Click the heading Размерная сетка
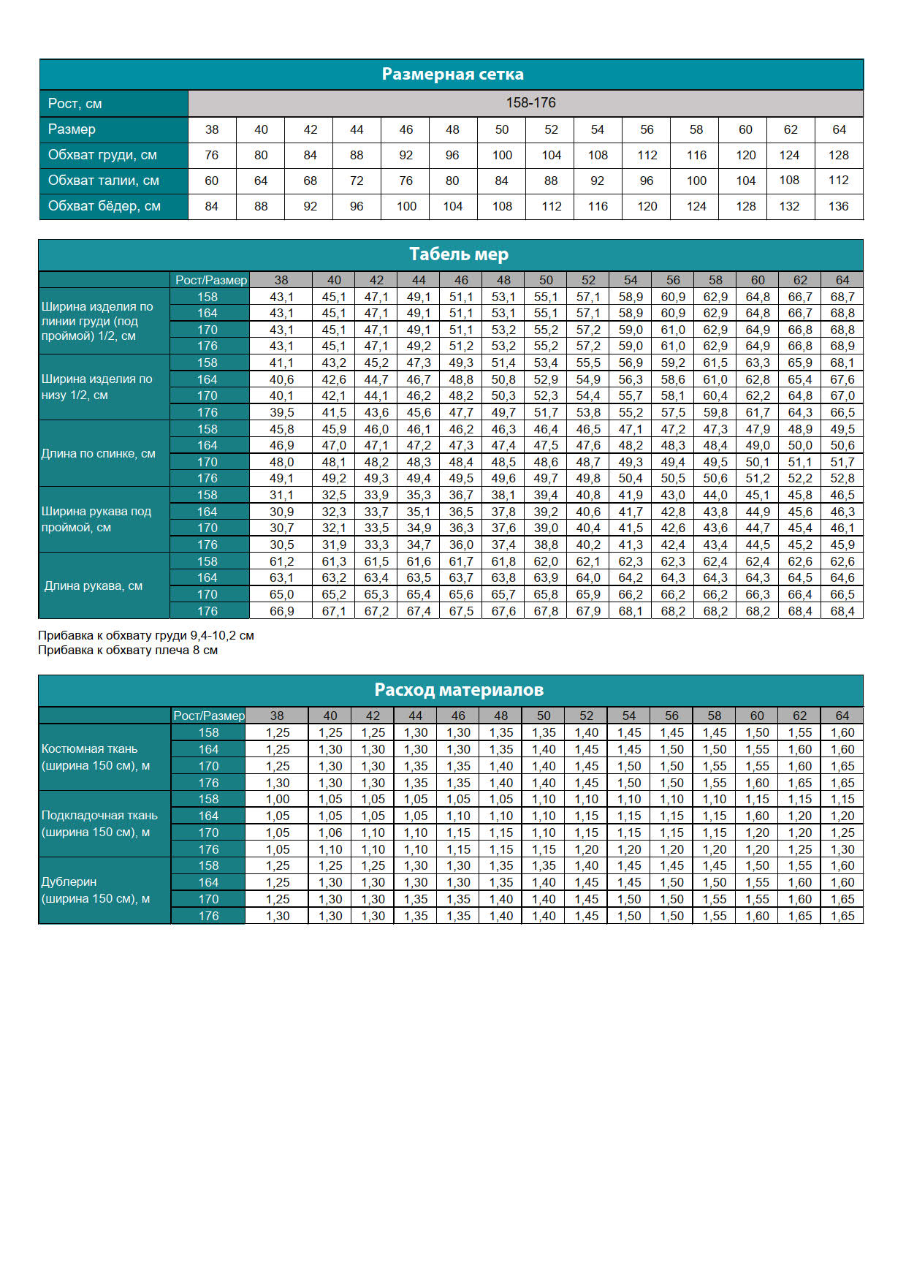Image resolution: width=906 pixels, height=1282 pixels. coord(452,75)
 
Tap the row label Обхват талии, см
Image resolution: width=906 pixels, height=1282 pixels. coord(103,181)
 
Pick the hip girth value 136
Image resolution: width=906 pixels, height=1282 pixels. coord(838,206)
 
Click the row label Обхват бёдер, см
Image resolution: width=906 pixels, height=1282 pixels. coord(104,206)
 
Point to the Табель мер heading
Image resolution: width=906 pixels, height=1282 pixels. coord(458,254)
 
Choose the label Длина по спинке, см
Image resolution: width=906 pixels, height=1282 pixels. coord(98,454)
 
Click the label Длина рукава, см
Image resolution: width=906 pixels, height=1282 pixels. coord(94,586)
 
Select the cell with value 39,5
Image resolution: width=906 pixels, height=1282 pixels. coord(281,413)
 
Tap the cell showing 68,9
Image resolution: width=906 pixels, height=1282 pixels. coord(842,346)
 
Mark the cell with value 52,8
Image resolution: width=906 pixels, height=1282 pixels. coord(842,479)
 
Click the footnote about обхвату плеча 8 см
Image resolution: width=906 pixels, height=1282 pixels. coord(128,651)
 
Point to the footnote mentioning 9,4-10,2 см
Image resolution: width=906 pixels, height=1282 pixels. coord(146,636)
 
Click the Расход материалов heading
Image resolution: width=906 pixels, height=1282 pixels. coord(458,690)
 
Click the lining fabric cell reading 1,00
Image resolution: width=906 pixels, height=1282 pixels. coord(278,800)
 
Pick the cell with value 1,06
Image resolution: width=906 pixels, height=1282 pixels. coord(330,833)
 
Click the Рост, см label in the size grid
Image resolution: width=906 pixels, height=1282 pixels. coord(75,104)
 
